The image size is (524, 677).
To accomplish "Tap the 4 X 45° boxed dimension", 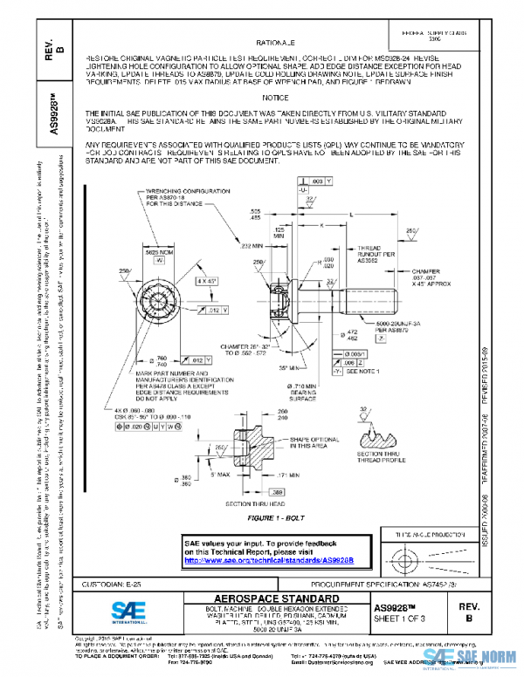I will point(207,281).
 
